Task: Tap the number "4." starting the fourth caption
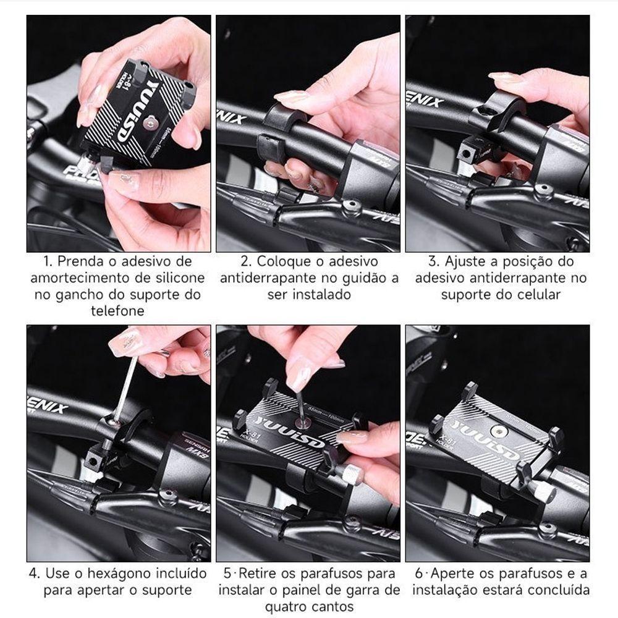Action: (x=35, y=573)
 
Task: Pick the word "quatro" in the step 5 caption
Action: (x=292, y=606)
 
